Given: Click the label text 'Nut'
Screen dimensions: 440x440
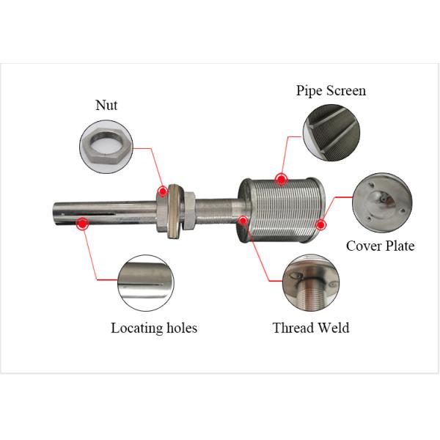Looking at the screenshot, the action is pyautogui.click(x=106, y=105).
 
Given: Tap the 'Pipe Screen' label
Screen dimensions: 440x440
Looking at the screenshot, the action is pyautogui.click(x=331, y=91).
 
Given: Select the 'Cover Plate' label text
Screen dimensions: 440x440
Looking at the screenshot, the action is pyautogui.click(x=380, y=246).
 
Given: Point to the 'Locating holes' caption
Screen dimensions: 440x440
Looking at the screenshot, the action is pyautogui.click(x=154, y=328).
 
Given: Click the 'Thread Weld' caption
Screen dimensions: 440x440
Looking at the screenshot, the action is pyautogui.click(x=311, y=328).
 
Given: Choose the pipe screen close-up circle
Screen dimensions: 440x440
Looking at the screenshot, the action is pyautogui.click(x=331, y=133).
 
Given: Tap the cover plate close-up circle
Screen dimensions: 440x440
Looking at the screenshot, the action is pyautogui.click(x=382, y=202).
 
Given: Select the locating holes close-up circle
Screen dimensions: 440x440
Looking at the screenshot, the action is pyautogui.click(x=146, y=282).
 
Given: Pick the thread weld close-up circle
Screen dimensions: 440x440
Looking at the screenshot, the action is pyautogui.click(x=311, y=282).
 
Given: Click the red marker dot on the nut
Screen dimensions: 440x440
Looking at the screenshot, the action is pyautogui.click(x=163, y=191).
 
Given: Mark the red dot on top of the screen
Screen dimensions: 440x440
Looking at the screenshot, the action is pyautogui.click(x=281, y=179).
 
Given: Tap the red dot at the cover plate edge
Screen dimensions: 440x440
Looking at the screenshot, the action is pyautogui.click(x=320, y=224).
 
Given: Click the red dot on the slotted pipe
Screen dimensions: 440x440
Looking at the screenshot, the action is pyautogui.click(x=82, y=224).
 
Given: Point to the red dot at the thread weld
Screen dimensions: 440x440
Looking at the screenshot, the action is pyautogui.click(x=243, y=221).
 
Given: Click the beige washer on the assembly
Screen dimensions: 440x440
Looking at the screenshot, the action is pyautogui.click(x=175, y=211).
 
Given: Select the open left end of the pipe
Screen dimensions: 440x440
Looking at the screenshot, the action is pyautogui.click(x=55, y=214).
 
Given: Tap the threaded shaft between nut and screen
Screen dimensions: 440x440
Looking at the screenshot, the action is pyautogui.click(x=214, y=210).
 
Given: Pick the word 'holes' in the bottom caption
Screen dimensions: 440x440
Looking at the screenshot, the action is pyautogui.click(x=182, y=328).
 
